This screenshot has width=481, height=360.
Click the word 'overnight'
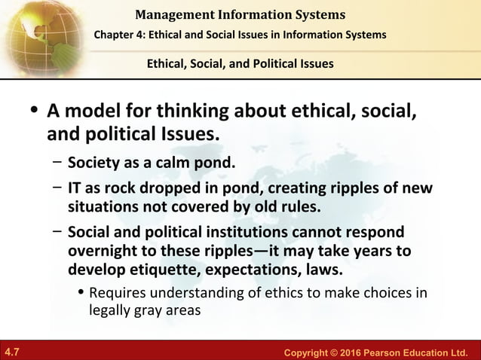point(101,250)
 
